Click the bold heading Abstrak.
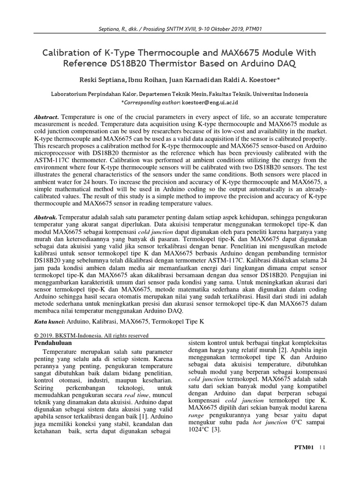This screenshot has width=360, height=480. tap(45, 217)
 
